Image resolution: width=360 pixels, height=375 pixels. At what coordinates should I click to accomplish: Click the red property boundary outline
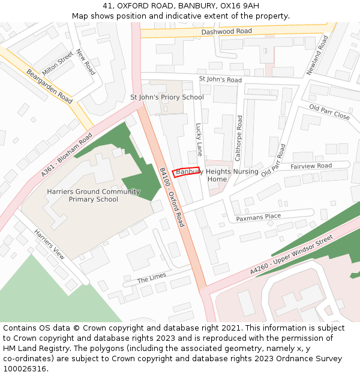[x=186, y=172]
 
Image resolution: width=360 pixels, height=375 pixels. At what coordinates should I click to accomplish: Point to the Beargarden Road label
[x=49, y=86]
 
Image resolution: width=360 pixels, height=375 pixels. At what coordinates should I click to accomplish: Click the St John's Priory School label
[x=167, y=97]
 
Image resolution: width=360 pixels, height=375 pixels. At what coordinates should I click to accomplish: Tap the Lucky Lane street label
[x=199, y=139]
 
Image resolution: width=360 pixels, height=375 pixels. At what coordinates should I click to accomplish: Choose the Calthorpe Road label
[x=238, y=138]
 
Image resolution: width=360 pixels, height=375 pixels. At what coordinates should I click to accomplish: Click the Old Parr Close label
[x=329, y=112]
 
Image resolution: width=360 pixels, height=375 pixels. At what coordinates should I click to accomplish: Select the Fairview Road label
[x=311, y=166]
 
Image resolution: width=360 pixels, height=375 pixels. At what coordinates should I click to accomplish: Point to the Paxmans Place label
[x=258, y=217]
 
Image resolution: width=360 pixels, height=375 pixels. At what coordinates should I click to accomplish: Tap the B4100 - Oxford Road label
[x=172, y=197]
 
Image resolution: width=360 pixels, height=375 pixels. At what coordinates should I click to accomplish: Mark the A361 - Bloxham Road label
[x=67, y=155]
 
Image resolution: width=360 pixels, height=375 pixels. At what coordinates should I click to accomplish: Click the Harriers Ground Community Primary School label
[x=93, y=196]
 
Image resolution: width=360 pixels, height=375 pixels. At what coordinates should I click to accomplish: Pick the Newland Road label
[x=318, y=55]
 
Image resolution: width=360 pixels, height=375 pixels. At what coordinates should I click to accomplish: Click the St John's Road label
[x=220, y=80]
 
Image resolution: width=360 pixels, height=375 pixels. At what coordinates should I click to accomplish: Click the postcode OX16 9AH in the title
[x=240, y=5]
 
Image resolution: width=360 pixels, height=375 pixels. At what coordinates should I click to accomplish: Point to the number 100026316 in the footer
[x=26, y=369]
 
